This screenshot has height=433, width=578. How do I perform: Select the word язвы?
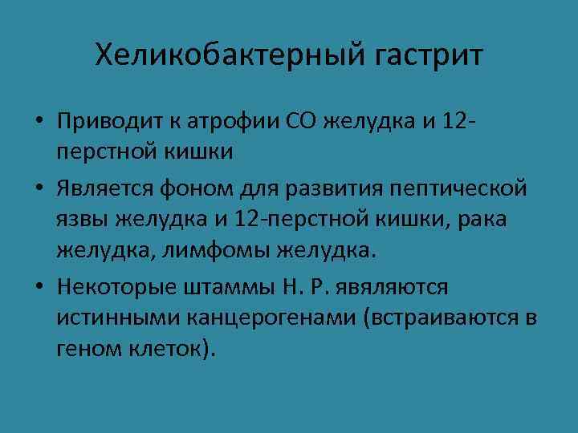coord(82,219)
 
